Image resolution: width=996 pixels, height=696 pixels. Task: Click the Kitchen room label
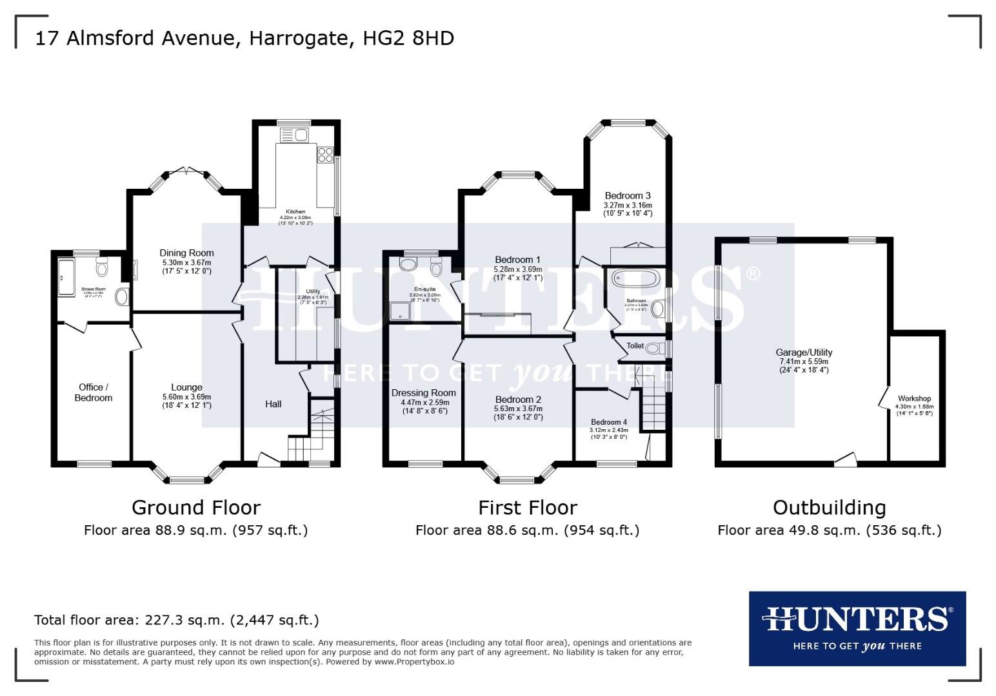tap(295, 211)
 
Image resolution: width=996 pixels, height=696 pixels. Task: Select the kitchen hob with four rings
tap(324, 155)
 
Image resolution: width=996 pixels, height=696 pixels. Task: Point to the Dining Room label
tap(186, 253)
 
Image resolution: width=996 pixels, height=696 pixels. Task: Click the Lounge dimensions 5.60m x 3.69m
tap(186, 397)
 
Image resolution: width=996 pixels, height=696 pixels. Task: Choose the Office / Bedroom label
tap(93, 392)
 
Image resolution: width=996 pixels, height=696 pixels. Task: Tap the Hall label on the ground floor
tap(273, 404)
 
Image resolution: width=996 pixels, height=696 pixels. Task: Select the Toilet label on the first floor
tap(635, 346)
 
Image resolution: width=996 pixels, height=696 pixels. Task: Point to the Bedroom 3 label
tap(627, 195)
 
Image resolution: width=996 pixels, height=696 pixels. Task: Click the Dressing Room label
tap(423, 392)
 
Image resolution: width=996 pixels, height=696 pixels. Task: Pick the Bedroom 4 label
tap(608, 422)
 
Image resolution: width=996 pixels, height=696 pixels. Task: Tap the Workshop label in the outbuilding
tap(914, 399)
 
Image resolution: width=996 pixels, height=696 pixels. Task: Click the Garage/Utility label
tap(803, 353)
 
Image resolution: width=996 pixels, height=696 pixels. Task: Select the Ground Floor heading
tap(195, 508)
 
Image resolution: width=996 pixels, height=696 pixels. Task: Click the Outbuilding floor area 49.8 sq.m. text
tap(829, 530)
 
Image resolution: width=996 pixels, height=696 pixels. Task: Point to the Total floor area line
tap(176, 620)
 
